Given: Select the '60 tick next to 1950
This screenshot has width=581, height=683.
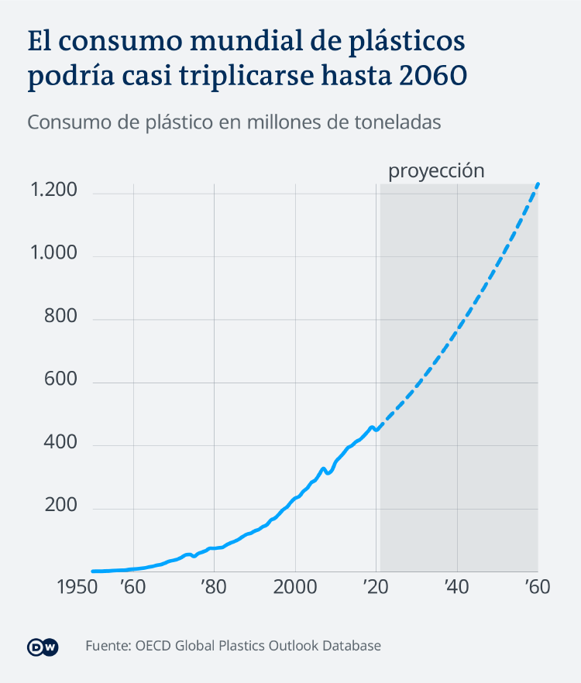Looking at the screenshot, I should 132,586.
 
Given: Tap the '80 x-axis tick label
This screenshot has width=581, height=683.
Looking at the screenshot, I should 213,586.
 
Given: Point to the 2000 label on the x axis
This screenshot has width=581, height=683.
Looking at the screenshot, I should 295,586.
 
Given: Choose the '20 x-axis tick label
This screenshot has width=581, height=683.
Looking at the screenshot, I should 375,586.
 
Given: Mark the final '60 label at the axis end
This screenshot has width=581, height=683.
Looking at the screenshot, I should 536,586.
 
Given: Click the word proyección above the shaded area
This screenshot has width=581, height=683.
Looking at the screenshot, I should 435,171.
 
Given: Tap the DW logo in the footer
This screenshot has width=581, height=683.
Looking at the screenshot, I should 43,647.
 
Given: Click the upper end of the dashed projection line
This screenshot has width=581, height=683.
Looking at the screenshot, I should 538,184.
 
